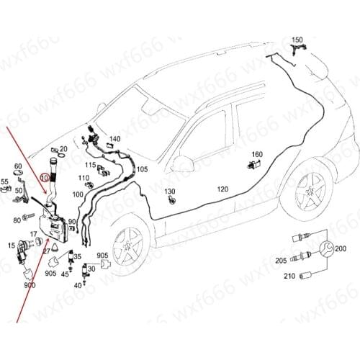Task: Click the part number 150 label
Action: click(x=298, y=40)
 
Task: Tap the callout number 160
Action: click(x=257, y=154)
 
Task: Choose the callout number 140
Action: click(x=114, y=139)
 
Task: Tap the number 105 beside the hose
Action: click(x=142, y=170)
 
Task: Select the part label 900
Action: click(x=30, y=285)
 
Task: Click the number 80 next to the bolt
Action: click(x=17, y=220)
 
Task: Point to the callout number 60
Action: click(x=18, y=166)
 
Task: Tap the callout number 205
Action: click(x=280, y=260)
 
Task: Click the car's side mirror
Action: click(x=181, y=164)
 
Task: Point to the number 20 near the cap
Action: click(x=63, y=149)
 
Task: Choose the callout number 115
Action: click(x=90, y=165)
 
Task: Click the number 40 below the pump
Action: click(x=78, y=285)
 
